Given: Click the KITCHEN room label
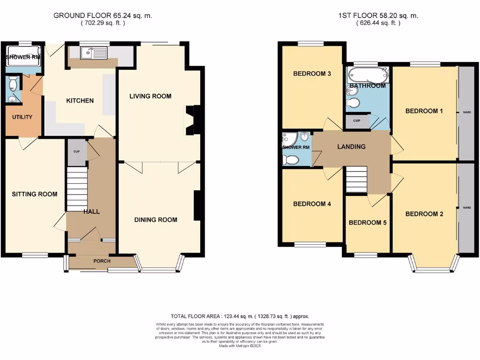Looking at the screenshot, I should coord(80,101).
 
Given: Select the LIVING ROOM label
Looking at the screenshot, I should coord(150,96).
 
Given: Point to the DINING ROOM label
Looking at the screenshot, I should coord(156,219).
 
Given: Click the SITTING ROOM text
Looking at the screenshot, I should coord(35,194).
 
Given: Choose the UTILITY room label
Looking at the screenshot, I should coord(22,117).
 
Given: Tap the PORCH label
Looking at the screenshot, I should coord(102,261).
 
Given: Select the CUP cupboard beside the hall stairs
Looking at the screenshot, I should coord(76,152).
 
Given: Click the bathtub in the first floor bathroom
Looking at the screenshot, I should coord(367,75).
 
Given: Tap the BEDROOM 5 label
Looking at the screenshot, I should coord(367,223).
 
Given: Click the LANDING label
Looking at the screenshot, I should coord(352,147).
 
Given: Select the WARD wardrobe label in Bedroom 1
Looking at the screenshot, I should coord(466,112).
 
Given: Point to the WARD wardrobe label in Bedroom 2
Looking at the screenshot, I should coord(466,207).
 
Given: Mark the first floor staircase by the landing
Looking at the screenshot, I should coord(356,180).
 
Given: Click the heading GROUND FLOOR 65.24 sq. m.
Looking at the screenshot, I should coord(103,15).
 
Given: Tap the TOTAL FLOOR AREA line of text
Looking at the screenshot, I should coord(240,316).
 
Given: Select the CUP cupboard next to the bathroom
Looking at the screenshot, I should coord(357,121).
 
